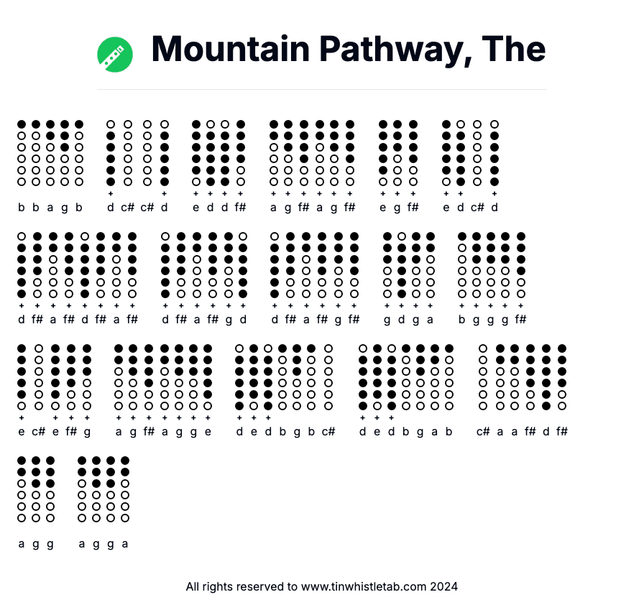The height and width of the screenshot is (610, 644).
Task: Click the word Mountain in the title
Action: click(231, 49)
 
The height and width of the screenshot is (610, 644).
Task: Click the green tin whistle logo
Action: click(115, 55)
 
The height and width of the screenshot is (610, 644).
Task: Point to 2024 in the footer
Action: click(444, 586)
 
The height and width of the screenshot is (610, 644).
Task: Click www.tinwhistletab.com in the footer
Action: click(364, 586)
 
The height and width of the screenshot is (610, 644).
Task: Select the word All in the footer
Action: click(193, 586)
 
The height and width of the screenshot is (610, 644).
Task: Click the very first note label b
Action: click(22, 208)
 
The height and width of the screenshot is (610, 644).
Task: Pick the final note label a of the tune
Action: click(125, 544)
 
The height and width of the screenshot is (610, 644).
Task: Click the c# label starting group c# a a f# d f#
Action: click(483, 432)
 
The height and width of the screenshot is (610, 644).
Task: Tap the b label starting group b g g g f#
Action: click(462, 320)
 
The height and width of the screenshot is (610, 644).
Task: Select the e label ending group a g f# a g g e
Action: click(208, 432)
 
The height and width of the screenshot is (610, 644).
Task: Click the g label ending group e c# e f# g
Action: click(87, 432)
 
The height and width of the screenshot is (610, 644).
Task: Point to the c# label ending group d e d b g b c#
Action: click(328, 432)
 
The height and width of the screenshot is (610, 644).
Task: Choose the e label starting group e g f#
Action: click(383, 208)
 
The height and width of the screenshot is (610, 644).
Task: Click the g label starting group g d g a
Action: click(387, 320)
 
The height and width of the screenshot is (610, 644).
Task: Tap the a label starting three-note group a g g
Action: click(22, 544)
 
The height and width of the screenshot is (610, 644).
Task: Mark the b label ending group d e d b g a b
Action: click(449, 432)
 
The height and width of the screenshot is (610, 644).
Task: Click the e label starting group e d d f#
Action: click(196, 208)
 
